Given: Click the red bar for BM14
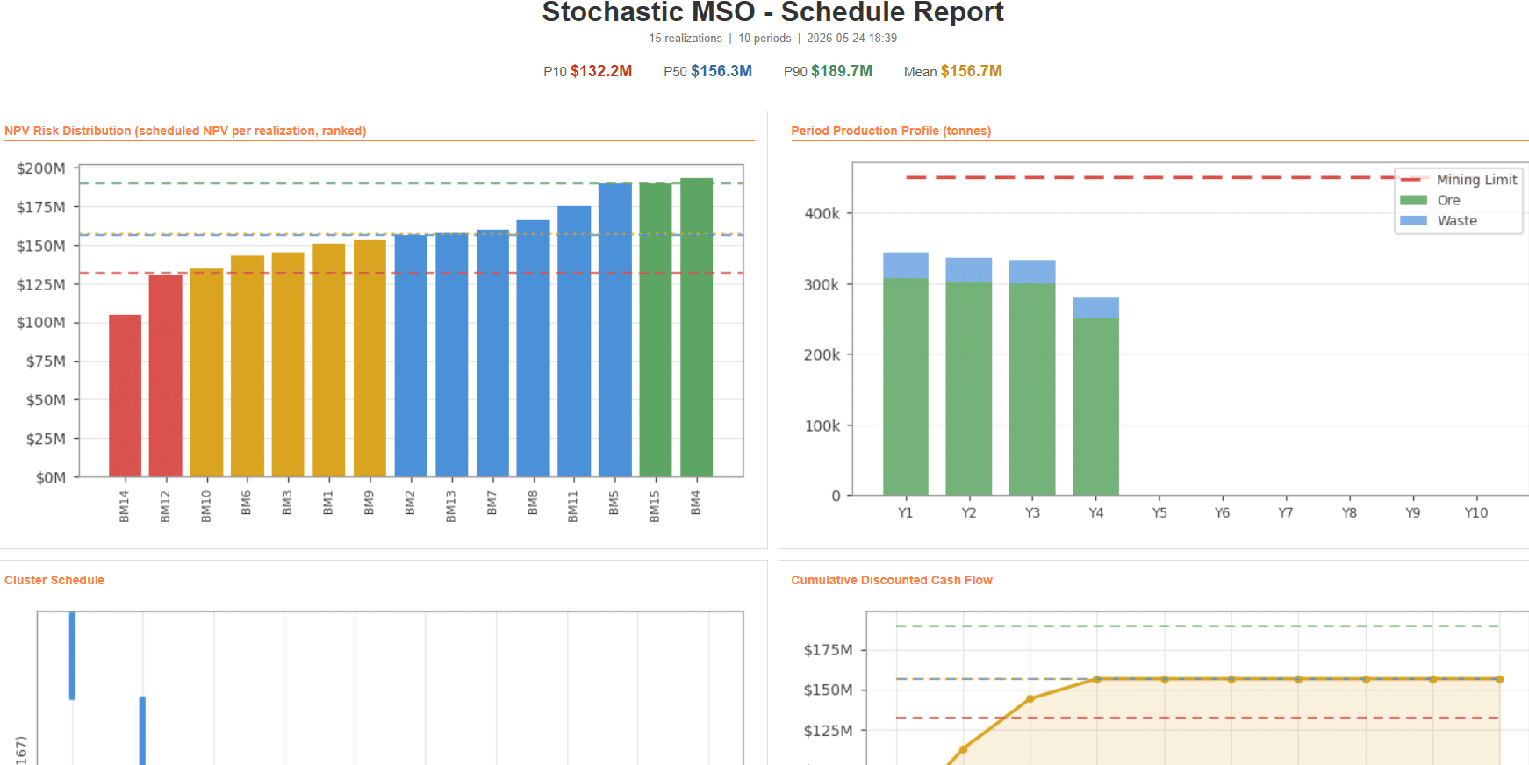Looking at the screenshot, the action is [x=125, y=396].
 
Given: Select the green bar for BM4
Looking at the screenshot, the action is [x=696, y=327].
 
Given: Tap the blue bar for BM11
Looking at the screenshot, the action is [x=574, y=341].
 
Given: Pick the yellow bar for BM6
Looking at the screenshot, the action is [x=248, y=366].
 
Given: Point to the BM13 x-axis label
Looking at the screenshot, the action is [x=451, y=506].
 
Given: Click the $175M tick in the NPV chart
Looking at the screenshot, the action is [x=41, y=207].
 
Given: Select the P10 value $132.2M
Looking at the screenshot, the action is [x=601, y=71].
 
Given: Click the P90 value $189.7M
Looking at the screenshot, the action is [x=842, y=71].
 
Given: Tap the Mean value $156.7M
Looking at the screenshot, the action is [x=971, y=71].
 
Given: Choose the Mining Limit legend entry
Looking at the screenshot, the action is [x=1459, y=179].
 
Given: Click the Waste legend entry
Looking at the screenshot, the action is [x=1439, y=221].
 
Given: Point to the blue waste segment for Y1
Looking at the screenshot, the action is [x=906, y=266].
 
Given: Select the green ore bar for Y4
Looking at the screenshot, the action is [x=1095, y=406].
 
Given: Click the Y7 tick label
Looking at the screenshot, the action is [x=1286, y=512].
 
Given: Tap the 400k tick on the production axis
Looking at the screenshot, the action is [x=822, y=213].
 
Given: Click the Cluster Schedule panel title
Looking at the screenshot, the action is [x=54, y=580].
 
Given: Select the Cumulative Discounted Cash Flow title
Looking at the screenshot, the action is [x=892, y=580].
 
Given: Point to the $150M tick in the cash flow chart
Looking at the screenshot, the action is [x=828, y=690].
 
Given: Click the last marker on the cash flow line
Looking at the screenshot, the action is [x=1500, y=679].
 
